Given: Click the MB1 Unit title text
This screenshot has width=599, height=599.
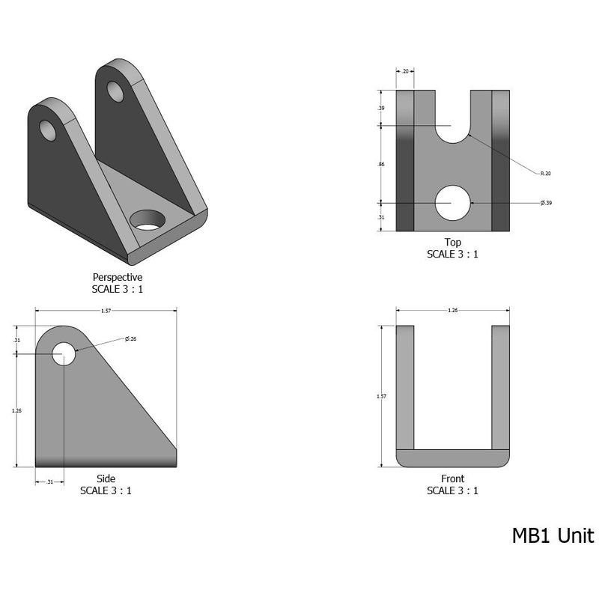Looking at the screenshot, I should [553, 536].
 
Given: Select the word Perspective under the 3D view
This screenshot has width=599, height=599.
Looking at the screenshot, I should [117, 277].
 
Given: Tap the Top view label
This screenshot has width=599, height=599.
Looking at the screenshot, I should [452, 243].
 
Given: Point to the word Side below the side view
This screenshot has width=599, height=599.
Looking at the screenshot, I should [106, 479].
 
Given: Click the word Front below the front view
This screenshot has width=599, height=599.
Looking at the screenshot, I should [452, 479].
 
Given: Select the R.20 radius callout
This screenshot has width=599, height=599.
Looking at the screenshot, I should [545, 173].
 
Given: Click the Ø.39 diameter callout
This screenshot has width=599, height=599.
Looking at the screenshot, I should [546, 203].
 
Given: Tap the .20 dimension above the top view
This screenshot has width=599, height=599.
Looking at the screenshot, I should [405, 72].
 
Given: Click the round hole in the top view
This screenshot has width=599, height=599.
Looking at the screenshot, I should [453, 203].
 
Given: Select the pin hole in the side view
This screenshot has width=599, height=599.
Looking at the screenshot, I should [64, 353].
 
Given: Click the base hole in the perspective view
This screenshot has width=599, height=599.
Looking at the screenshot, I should [148, 219].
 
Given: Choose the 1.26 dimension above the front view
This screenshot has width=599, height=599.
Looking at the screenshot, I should [452, 309].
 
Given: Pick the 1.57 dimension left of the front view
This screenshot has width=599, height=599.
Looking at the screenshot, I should [382, 397].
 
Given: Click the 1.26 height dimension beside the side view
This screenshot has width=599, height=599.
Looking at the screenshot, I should [16, 410].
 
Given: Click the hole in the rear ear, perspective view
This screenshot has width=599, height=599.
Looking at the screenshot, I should [115, 91].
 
